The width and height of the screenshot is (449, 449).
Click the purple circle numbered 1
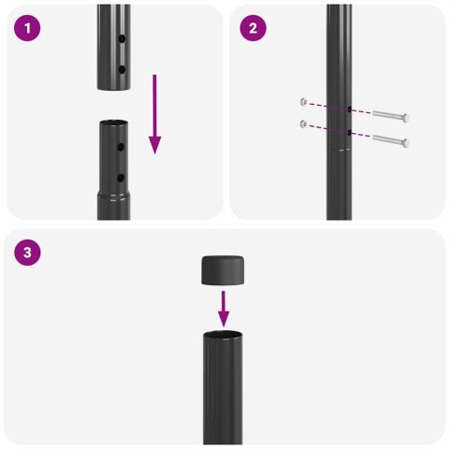(29, 29)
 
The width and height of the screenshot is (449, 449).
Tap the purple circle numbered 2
(253, 29)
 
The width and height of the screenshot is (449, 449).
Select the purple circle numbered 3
(29, 252)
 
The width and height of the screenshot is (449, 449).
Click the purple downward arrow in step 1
(154, 117)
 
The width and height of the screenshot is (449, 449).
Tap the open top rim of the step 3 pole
(224, 333)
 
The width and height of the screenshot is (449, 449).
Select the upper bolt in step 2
(392, 116)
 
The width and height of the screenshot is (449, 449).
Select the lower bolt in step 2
(392, 142)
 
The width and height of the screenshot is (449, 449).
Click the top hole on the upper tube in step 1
(122, 41)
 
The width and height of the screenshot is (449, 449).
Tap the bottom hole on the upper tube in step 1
(122, 69)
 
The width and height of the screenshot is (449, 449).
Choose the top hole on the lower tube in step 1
(122, 148)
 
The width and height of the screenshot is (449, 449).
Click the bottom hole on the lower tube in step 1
(122, 177)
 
